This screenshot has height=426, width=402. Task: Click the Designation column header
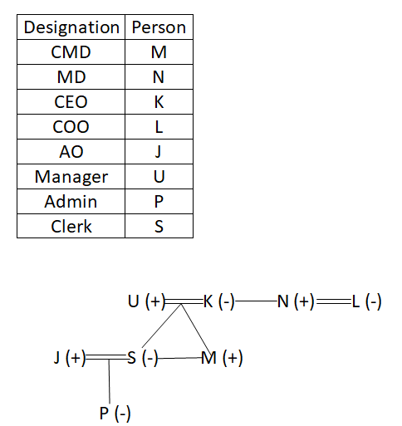click(71, 27)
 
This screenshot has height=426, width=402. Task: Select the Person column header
click(159, 27)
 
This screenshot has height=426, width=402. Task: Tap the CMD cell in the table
click(71, 52)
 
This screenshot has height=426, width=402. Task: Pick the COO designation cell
click(71, 127)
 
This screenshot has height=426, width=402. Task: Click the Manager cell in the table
click(71, 177)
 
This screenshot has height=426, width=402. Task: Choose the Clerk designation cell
click(71, 226)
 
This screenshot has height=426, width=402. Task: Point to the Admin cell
click(71, 202)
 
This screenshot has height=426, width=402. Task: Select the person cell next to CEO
click(159, 102)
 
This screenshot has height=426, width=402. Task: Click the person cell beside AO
click(158, 152)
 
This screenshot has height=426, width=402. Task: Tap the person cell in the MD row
click(159, 77)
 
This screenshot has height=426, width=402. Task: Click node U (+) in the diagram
click(146, 301)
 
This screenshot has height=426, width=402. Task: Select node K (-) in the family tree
click(219, 301)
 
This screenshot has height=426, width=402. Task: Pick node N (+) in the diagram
click(296, 301)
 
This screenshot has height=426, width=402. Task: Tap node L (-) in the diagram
click(367, 301)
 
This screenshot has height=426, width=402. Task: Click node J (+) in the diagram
click(70, 357)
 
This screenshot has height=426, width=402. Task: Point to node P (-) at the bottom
click(115, 413)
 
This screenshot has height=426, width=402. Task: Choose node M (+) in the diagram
click(222, 358)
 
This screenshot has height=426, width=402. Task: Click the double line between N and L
click(334, 301)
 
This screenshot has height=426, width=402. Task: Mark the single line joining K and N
click(256, 301)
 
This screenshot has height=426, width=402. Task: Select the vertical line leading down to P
click(109, 381)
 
